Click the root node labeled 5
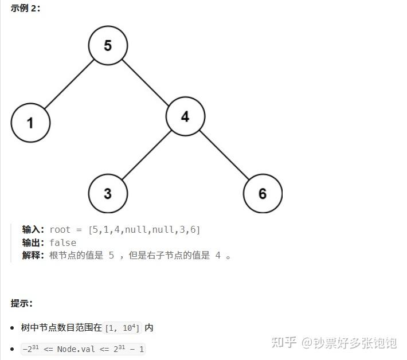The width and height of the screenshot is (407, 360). click(x=108, y=45)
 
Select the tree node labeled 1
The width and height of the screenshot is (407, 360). click(x=30, y=122)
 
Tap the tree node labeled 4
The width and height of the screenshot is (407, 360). click(x=185, y=117)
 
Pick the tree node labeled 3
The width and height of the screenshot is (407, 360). click(x=108, y=193)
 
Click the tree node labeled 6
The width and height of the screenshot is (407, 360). click(x=263, y=193)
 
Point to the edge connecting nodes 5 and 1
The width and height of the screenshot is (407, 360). click(x=69, y=84)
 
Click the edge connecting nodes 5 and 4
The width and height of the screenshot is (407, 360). click(x=146, y=81)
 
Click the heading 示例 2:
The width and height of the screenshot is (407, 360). click(x=26, y=9)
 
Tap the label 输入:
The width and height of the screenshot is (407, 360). click(x=34, y=230)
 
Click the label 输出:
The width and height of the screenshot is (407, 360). click(x=34, y=242)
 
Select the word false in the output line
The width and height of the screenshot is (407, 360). click(x=62, y=242)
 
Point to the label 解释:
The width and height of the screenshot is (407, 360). click(x=34, y=256)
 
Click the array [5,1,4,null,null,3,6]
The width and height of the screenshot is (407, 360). click(x=144, y=230)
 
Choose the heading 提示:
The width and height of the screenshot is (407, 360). click(x=22, y=303)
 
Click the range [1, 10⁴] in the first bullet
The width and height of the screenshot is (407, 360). click(x=123, y=328)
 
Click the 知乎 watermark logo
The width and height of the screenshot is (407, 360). click(x=284, y=343)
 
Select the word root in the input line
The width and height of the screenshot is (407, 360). click(x=60, y=230)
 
